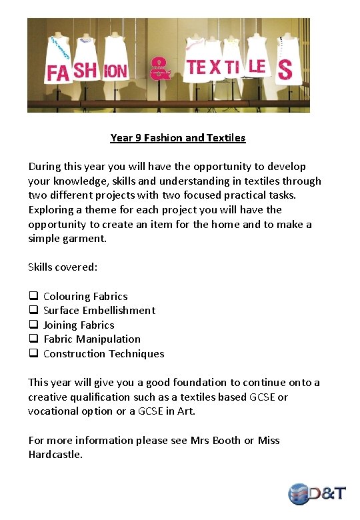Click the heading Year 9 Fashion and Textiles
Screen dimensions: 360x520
[178, 138]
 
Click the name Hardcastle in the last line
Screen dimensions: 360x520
[55, 455]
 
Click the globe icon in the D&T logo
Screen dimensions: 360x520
[299, 493]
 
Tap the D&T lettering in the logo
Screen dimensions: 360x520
[329, 493]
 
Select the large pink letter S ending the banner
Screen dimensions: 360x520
[285, 69]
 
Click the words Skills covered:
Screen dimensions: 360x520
[63, 267]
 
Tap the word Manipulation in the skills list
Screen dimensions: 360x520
[108, 339]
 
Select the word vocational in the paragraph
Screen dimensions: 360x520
[57, 411]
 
